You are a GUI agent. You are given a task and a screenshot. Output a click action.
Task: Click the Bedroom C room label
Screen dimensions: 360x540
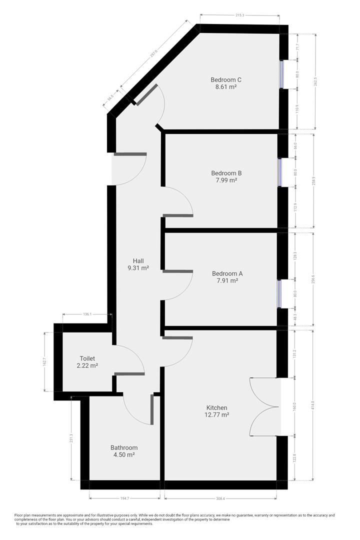click(x=226, y=80)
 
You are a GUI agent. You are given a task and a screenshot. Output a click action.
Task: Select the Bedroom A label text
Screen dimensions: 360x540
click(x=227, y=273)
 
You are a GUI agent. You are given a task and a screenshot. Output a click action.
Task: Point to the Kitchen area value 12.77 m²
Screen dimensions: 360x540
click(x=216, y=414)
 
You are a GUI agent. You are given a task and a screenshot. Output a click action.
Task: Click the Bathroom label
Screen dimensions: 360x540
click(x=124, y=447)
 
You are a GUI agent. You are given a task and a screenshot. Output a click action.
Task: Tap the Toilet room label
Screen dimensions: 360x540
click(x=87, y=358)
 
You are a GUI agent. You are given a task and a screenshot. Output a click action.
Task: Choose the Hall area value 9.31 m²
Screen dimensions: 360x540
click(x=138, y=267)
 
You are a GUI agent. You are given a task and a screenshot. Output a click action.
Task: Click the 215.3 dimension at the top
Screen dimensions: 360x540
click(x=240, y=15)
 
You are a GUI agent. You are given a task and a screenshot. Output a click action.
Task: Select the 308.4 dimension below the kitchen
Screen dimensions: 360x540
click(x=220, y=498)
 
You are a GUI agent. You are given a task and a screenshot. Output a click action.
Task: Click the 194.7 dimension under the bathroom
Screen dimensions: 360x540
click(x=124, y=498)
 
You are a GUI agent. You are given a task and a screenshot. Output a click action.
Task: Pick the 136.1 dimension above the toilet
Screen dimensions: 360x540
click(x=87, y=314)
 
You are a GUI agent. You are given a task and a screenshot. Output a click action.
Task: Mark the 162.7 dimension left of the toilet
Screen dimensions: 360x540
click(x=44, y=362)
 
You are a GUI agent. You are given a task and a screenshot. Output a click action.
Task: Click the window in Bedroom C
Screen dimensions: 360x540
click(x=281, y=74)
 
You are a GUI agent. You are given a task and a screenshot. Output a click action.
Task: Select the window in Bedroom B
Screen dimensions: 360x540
click(x=279, y=172)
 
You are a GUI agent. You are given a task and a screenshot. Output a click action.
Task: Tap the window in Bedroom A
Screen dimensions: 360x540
click(x=279, y=294)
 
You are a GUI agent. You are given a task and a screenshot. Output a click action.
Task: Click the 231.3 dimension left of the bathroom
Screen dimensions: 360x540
click(x=71, y=438)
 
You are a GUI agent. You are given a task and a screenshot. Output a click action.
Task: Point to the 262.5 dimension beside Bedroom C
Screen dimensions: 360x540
click(x=315, y=81)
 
